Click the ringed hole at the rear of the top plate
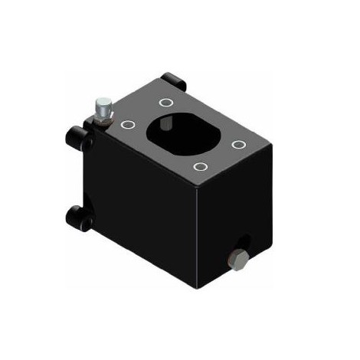click(x=165, y=102)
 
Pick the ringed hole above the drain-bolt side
click(x=239, y=145)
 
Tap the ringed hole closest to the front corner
click(x=201, y=166)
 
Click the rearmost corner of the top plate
click(x=175, y=84)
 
